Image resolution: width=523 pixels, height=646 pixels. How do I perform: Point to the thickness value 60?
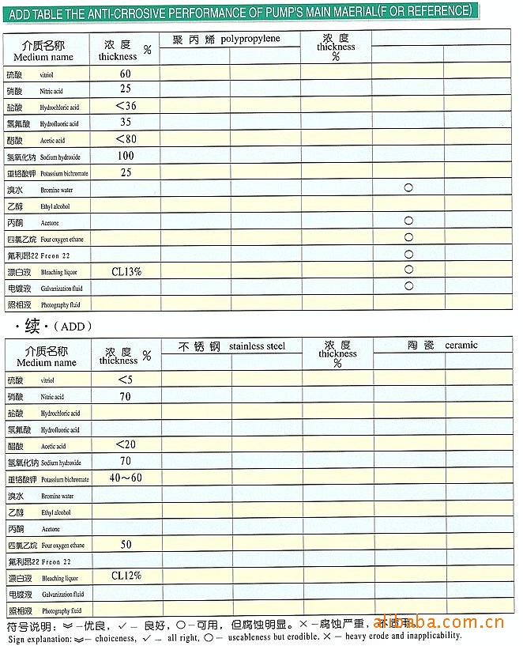pyautogui.click(x=126, y=74)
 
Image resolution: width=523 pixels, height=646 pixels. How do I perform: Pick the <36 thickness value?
pyautogui.click(x=126, y=106)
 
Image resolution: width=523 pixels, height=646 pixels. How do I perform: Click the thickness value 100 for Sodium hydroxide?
pyautogui.click(x=126, y=156)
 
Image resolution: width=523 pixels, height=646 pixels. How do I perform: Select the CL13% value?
pyautogui.click(x=126, y=271)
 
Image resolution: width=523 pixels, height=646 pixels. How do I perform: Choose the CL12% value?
pyautogui.click(x=126, y=576)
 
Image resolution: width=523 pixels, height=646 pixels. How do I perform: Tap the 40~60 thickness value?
pyautogui.click(x=126, y=478)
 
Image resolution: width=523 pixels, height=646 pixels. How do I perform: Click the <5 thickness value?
pyautogui.click(x=125, y=380)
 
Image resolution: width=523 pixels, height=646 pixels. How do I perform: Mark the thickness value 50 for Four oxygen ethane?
pyautogui.click(x=126, y=545)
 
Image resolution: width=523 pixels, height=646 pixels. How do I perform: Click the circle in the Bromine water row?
pyautogui.click(x=408, y=188)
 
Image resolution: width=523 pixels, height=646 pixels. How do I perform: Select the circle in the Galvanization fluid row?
pyautogui.click(x=408, y=286)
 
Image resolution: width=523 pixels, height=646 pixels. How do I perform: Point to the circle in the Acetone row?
pyautogui.click(x=408, y=221)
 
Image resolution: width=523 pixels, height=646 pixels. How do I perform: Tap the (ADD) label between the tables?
pyautogui.click(x=73, y=326)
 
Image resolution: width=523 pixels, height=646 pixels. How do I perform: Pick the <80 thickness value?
pyautogui.click(x=126, y=139)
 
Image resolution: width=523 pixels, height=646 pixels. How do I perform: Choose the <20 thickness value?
pyautogui.click(x=126, y=444)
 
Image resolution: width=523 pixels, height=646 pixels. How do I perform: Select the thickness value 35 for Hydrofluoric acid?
pyautogui.click(x=126, y=123)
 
